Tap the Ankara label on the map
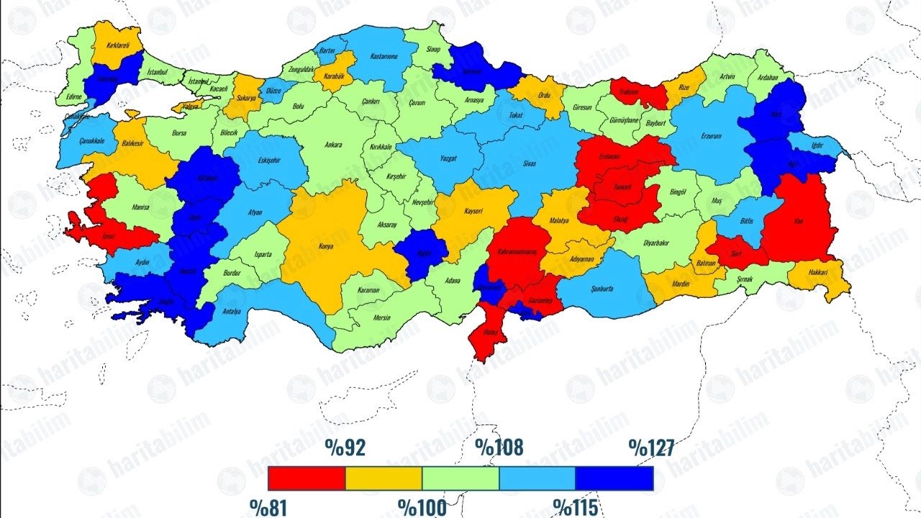click(x=333, y=145)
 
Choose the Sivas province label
click(x=530, y=164)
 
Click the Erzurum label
click(x=711, y=137)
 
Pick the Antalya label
click(x=231, y=312)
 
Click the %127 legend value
click(x=650, y=448)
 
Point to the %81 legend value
click(x=268, y=507)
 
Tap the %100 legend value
click(x=422, y=507)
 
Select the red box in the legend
click(x=307, y=478)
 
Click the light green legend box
click(x=460, y=478)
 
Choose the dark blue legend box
click(x=614, y=478)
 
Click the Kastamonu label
click(x=379, y=56)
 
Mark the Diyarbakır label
click(x=661, y=243)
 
